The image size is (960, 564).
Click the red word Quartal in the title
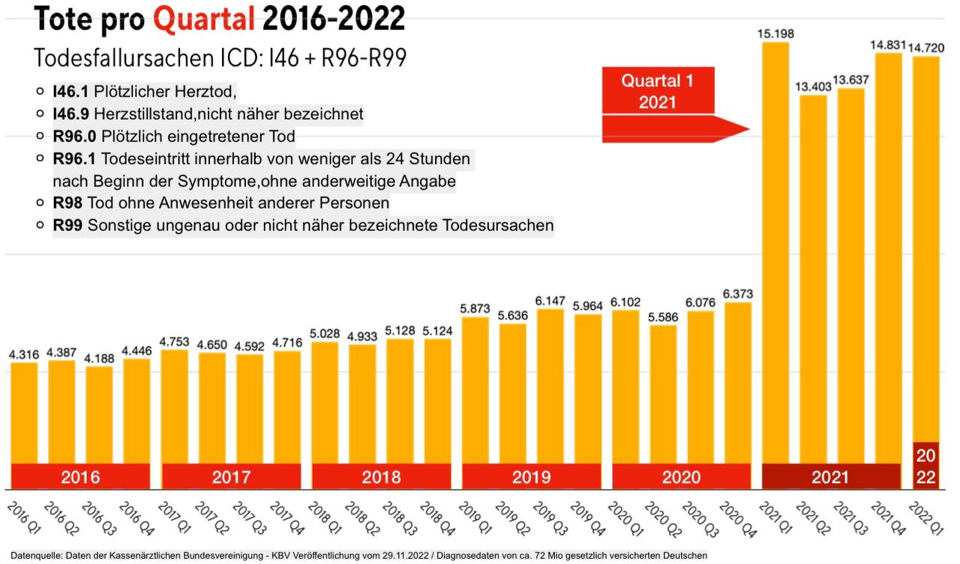pos(204,19)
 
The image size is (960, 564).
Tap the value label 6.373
pos(738,293)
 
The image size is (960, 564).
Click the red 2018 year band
pos(381,476)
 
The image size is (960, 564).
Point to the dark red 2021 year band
pos(830,476)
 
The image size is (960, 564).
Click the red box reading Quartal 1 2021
pos(658,91)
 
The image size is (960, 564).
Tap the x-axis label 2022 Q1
pos(925,518)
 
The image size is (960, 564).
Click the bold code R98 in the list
pos(68,203)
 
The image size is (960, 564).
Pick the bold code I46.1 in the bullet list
pos(70,91)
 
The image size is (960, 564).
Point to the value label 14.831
pos(888,45)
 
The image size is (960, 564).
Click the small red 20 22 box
pos(926,465)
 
